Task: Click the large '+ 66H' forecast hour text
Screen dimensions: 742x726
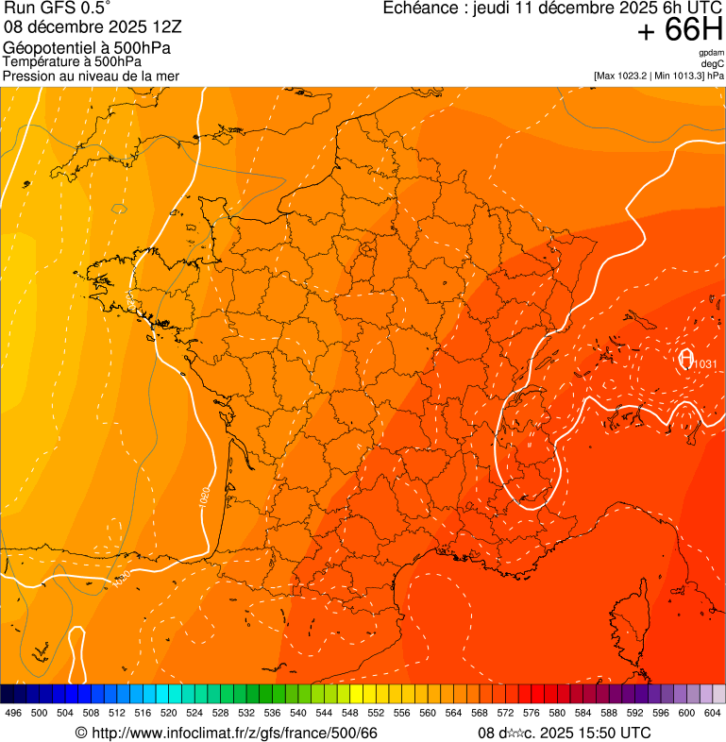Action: [x=680, y=30]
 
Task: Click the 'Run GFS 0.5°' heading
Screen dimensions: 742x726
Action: [x=58, y=9]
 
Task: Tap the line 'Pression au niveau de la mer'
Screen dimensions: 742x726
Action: [x=91, y=76]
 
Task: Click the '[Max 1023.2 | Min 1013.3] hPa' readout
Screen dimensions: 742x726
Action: [x=659, y=76]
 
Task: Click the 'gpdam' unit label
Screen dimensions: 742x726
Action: [x=711, y=53]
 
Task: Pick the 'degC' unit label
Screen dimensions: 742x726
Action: [x=713, y=64]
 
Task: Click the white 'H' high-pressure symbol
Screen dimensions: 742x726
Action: [x=686, y=359]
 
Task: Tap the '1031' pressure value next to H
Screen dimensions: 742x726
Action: [x=706, y=364]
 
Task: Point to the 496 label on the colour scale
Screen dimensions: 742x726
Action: [x=13, y=713]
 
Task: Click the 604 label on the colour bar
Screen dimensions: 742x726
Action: [x=713, y=713]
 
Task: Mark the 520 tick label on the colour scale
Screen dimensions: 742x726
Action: [x=169, y=713]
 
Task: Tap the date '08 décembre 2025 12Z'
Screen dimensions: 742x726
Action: [x=93, y=27]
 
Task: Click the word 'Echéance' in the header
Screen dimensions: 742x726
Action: [x=421, y=8]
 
